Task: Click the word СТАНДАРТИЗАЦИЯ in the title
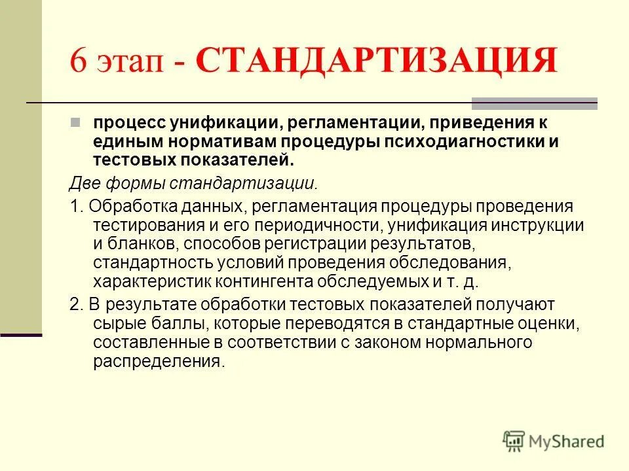[376, 62]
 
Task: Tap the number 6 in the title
[79, 63]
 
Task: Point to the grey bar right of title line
[535, 103]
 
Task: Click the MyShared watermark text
[567, 442]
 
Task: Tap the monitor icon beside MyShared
[515, 441]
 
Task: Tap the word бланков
[144, 244]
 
